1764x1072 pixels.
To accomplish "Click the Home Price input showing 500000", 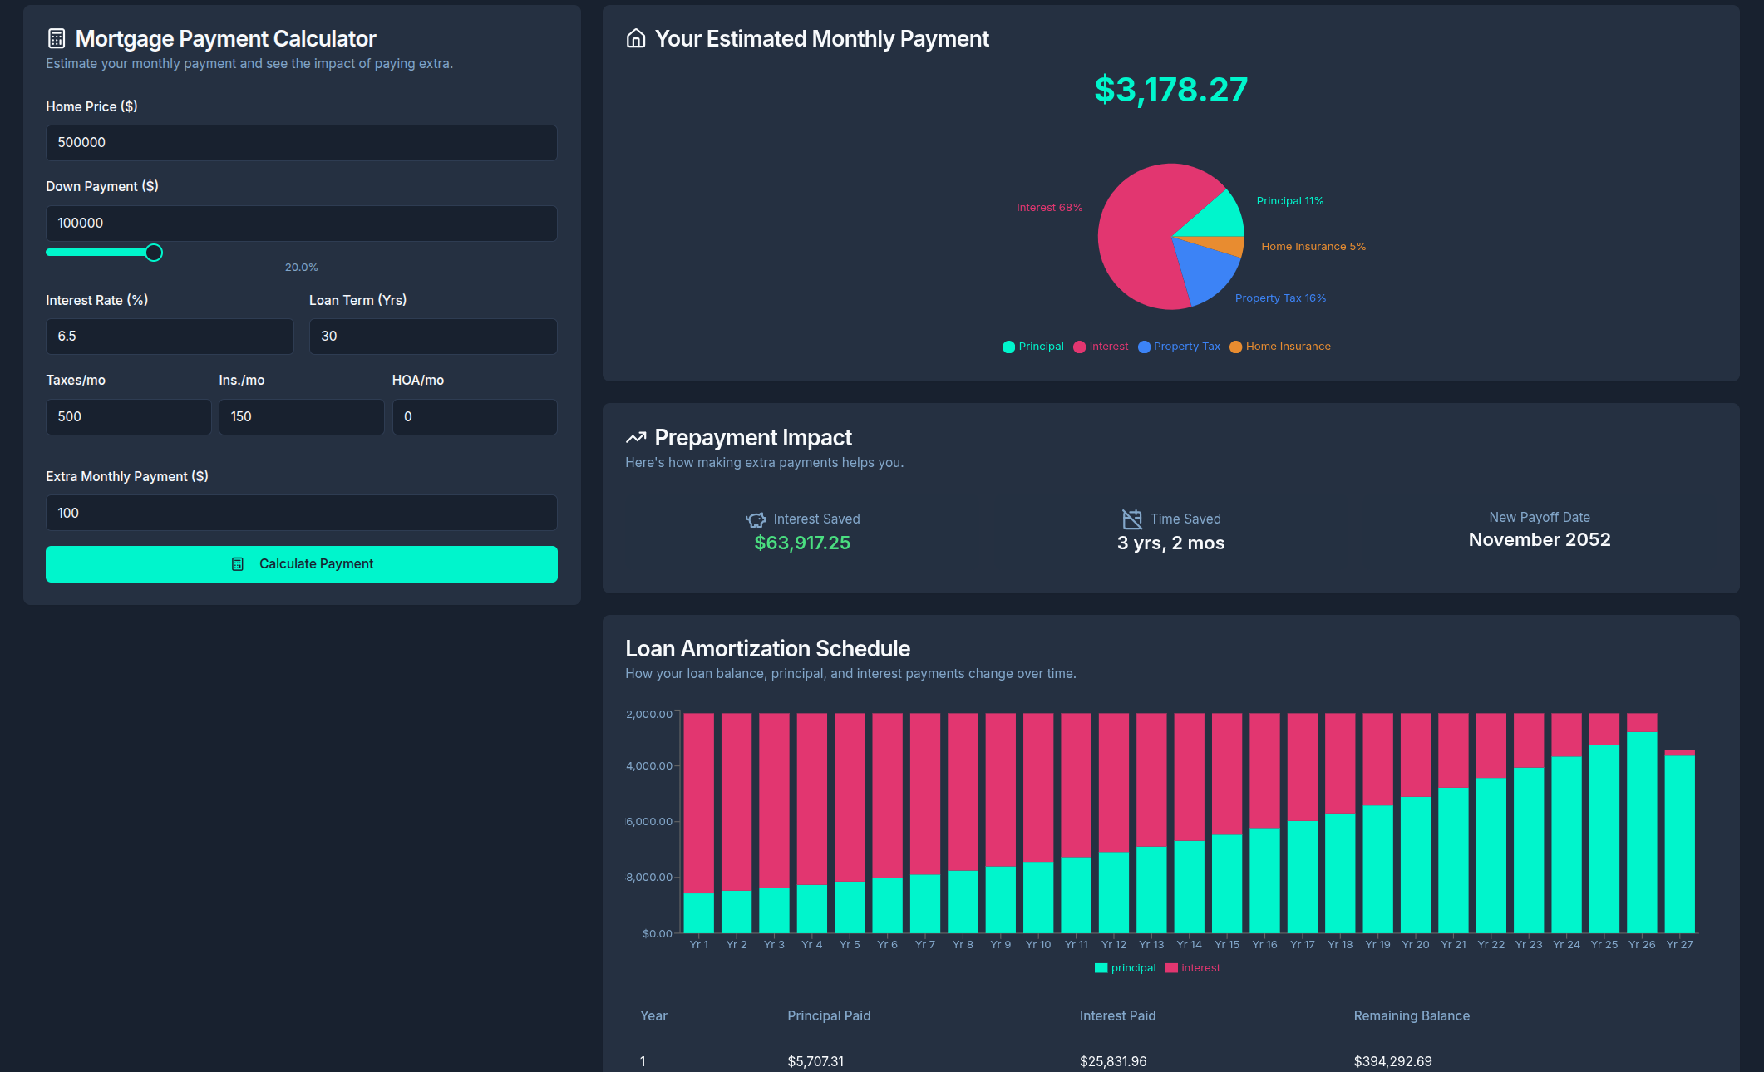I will click(x=301, y=143).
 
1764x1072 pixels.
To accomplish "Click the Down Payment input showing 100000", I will click(x=301, y=224).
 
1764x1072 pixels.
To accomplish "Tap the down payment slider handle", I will click(x=154, y=253).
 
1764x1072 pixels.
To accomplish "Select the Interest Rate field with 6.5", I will click(x=170, y=337).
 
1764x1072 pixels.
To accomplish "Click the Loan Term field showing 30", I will click(x=432, y=337).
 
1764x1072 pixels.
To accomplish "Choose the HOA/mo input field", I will click(x=474, y=417).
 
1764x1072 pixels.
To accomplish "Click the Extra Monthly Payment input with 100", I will click(x=301, y=514).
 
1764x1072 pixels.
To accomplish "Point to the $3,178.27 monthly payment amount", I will click(x=1170, y=90).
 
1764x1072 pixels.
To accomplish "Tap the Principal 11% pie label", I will click(x=1289, y=201).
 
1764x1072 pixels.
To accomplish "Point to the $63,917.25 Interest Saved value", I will click(x=802, y=543).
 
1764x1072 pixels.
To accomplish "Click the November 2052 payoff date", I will click(x=1539, y=540).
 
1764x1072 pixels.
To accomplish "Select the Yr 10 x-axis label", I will click(x=1037, y=945).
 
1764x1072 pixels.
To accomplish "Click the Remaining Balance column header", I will click(x=1411, y=1016).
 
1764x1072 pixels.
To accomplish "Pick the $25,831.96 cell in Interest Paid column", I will click(x=1112, y=1061).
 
